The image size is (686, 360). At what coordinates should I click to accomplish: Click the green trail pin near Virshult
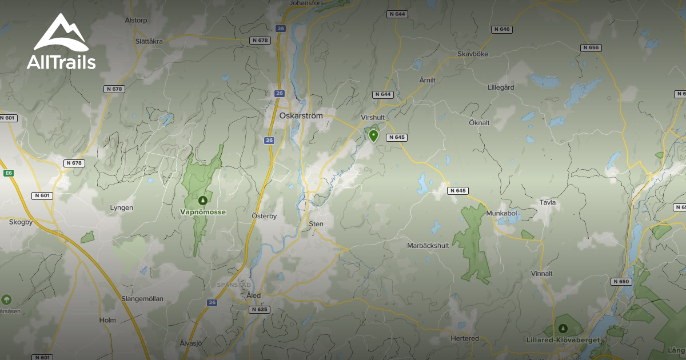(373, 135)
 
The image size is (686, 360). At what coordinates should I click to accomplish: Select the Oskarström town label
(301, 115)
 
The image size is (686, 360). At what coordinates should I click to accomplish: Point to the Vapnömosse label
(203, 212)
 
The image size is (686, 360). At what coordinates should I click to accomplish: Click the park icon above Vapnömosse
(202, 201)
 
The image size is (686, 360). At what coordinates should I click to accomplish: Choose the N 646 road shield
(501, 29)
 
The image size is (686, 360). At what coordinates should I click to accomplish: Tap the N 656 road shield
(591, 47)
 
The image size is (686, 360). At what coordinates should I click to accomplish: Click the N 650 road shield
(620, 281)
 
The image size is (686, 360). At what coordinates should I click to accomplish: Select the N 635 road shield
(259, 309)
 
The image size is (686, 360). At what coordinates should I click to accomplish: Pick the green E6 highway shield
(9, 173)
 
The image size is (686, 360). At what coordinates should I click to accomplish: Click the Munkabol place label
(501, 213)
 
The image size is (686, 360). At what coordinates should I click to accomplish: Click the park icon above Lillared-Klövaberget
(563, 329)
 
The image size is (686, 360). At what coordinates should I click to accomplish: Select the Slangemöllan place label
(142, 298)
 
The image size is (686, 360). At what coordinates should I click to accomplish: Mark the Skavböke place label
(473, 54)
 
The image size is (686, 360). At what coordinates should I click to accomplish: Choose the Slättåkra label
(149, 41)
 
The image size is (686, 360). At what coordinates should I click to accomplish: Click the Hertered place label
(465, 338)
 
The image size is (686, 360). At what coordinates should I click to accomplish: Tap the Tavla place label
(547, 202)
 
